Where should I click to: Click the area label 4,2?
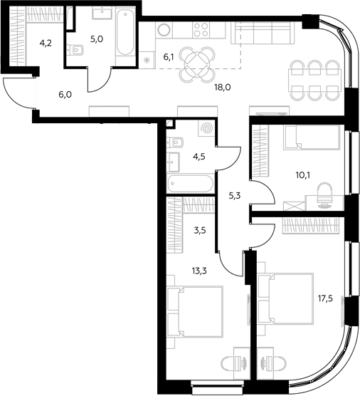46,43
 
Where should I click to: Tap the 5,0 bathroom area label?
97,39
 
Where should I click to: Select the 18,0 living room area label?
223,88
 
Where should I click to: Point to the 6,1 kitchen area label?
169,57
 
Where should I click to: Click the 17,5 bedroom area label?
325,298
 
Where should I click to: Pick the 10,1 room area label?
303,174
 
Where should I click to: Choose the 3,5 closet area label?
200,230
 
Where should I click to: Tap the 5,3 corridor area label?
235,196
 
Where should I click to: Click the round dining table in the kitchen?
197,65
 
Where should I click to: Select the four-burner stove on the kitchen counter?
201,30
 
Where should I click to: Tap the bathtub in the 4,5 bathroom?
191,184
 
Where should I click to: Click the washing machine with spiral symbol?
206,128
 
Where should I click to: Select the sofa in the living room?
263,33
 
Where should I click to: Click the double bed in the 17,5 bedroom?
285,298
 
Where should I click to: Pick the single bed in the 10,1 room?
312,138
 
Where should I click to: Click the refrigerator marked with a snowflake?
147,60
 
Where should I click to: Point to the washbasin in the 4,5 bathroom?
173,162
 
